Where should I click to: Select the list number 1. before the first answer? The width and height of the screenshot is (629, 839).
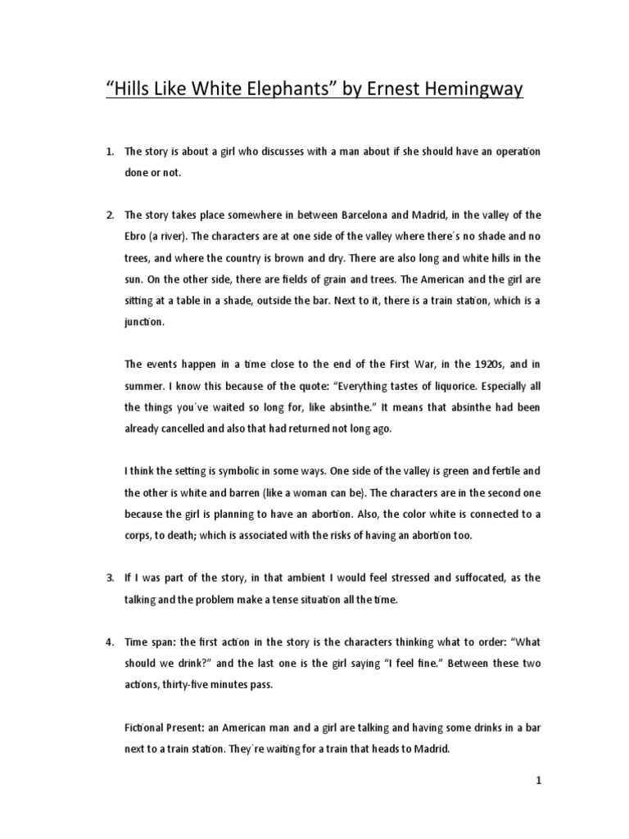pyautogui.click(x=111, y=152)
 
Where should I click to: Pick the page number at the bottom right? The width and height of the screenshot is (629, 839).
pyautogui.click(x=538, y=782)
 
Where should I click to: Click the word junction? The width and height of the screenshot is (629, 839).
pyautogui.click(x=144, y=322)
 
